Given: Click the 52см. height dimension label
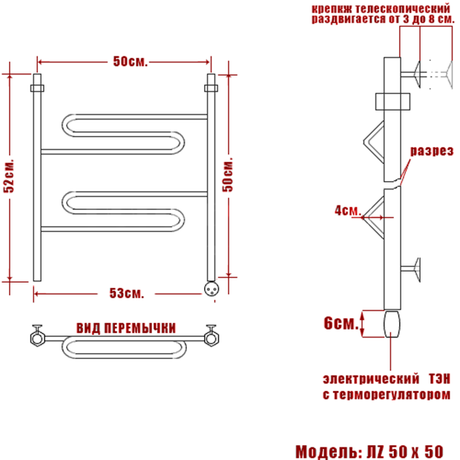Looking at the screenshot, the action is coord(8,176).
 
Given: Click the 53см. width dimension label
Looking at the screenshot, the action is coord(127,293).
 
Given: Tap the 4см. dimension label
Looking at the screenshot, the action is coord(347,211).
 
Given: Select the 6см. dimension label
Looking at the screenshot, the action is coord(341,323).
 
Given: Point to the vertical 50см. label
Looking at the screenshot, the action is coord(227,175).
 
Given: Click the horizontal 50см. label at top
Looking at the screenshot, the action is coord(131,62).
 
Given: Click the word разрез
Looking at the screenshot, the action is coord(432,151).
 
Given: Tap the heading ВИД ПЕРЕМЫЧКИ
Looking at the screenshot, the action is coord(126,328).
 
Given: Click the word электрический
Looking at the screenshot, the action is coord(371,378).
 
